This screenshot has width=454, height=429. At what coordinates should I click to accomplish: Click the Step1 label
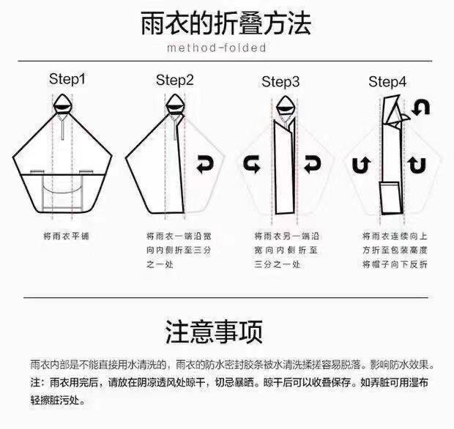point(68,79)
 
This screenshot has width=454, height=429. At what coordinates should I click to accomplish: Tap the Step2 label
point(174,81)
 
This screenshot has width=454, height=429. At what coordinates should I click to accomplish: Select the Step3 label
point(280,82)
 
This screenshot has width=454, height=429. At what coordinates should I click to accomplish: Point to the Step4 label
point(387,82)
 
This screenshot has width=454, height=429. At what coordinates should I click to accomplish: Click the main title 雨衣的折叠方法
point(226,23)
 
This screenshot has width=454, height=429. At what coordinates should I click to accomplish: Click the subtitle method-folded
point(217,48)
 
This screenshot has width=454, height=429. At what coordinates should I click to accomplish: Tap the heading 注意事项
point(214,332)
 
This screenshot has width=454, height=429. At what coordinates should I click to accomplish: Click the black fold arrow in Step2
point(205,164)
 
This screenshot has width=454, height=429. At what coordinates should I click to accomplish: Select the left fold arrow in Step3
point(252,164)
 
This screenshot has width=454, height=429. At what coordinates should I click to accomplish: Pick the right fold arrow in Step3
point(313,164)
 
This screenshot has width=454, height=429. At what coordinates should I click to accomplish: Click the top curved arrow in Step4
point(421,107)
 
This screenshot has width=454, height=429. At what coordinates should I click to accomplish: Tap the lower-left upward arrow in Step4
point(362,165)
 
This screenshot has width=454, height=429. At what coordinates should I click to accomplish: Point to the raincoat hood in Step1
point(62,104)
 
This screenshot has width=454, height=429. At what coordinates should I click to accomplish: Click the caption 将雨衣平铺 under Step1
point(67,236)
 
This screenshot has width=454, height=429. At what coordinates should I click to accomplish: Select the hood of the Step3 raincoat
point(285,107)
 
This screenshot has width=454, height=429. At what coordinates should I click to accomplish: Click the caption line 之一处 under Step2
point(160,264)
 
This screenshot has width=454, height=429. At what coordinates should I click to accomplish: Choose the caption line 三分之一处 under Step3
point(277,264)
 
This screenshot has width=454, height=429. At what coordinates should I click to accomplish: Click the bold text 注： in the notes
point(37,382)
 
